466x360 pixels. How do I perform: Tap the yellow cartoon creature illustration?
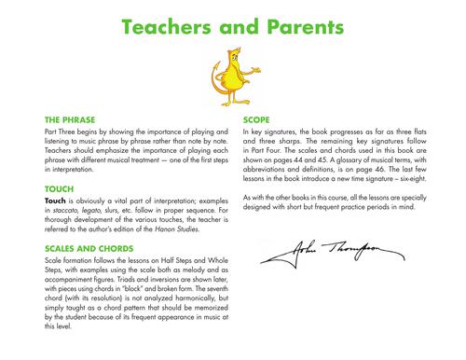232,75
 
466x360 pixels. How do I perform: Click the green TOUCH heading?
58,187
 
